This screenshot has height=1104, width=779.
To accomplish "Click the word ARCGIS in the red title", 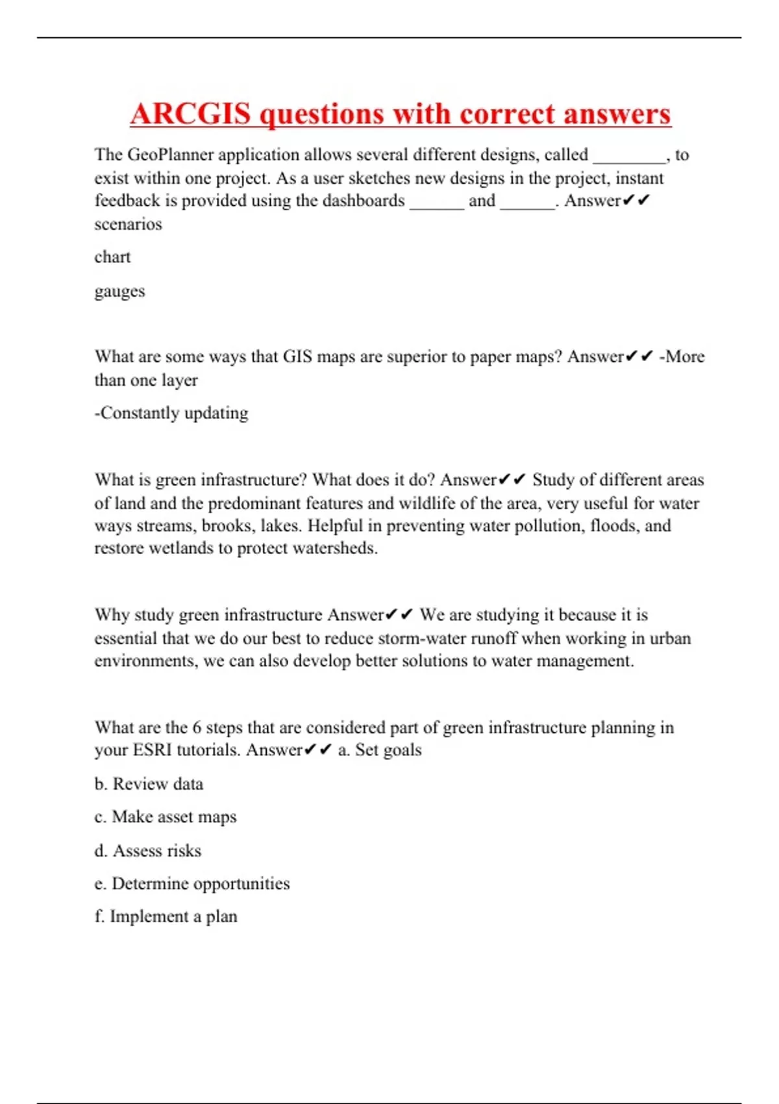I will click(190, 114).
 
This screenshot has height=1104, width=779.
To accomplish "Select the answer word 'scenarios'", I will click(128, 224).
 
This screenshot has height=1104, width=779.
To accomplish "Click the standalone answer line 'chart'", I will click(112, 257).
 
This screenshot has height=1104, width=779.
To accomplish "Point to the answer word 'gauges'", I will click(119, 292).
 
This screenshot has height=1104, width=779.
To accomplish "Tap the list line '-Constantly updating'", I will click(171, 413).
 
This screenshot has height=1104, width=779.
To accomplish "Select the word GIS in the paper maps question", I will click(297, 357).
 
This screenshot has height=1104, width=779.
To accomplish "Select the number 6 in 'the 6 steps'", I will click(197, 727).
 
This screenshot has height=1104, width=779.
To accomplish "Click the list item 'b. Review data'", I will click(149, 784).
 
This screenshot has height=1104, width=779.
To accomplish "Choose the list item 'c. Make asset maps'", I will click(166, 817).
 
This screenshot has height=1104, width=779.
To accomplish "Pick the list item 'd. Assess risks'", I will click(148, 851).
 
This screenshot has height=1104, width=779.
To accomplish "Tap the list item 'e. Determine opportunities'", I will click(192, 884).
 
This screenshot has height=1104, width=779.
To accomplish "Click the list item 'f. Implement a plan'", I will click(166, 916).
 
